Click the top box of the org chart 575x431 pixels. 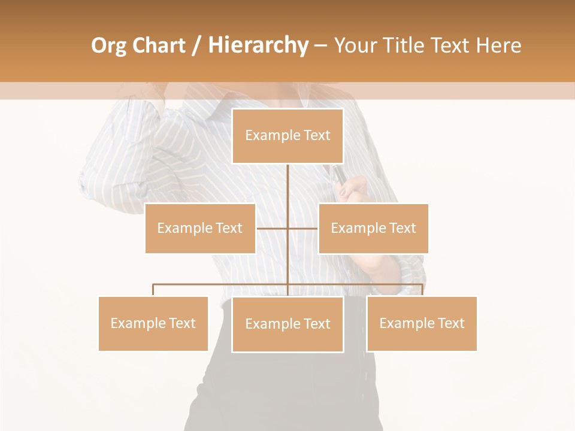pos(287,136)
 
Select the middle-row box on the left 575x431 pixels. pos(200,228)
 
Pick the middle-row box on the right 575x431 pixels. pos(373,228)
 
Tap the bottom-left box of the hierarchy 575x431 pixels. pos(153,323)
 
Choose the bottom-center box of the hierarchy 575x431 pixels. pos(287,324)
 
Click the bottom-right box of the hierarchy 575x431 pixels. pos(422,323)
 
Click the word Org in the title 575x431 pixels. pos(108,46)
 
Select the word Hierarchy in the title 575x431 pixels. pos(258,45)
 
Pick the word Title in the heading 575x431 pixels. pos(406,45)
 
